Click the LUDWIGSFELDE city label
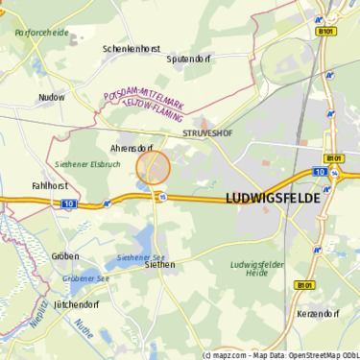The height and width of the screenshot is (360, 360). (x=273, y=198)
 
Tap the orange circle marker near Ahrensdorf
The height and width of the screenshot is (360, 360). (x=154, y=168)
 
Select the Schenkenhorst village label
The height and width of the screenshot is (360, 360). (x=132, y=48)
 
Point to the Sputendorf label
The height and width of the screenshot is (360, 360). (x=188, y=59)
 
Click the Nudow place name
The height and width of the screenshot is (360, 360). (x=52, y=97)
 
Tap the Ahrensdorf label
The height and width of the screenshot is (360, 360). (x=132, y=149)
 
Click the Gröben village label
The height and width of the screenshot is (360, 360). (x=65, y=256)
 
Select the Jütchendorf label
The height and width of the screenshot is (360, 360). (x=77, y=303)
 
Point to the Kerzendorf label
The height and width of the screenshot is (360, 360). (x=319, y=314)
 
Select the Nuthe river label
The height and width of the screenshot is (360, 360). (x=84, y=331)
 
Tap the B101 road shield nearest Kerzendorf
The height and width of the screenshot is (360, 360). (x=304, y=285)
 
